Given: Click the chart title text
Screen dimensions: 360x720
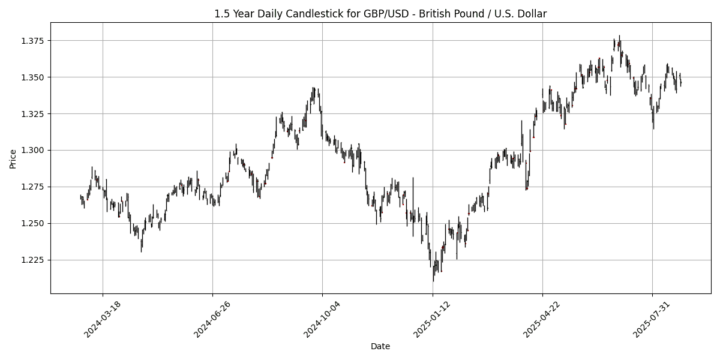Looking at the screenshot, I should pyautogui.click(x=380, y=14).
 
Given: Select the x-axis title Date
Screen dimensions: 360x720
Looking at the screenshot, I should pyautogui.click(x=380, y=346).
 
